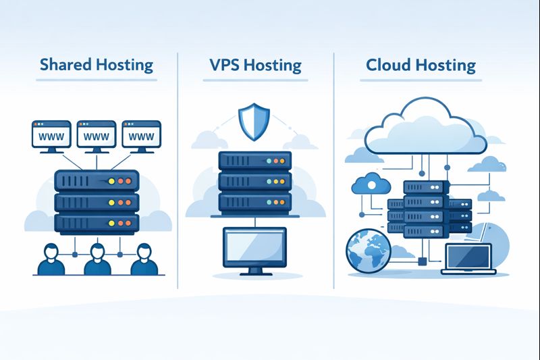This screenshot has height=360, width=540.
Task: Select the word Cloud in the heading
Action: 389,66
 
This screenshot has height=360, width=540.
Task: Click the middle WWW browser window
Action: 96,135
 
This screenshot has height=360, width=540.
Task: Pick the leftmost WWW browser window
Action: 51,135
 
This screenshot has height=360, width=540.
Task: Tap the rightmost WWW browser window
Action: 141,135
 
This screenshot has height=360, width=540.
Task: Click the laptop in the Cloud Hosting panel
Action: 468,259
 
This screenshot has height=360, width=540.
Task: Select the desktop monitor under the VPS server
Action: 254,245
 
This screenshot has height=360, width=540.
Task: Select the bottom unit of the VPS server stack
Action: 254,202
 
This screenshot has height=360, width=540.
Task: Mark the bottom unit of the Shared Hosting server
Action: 96,222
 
